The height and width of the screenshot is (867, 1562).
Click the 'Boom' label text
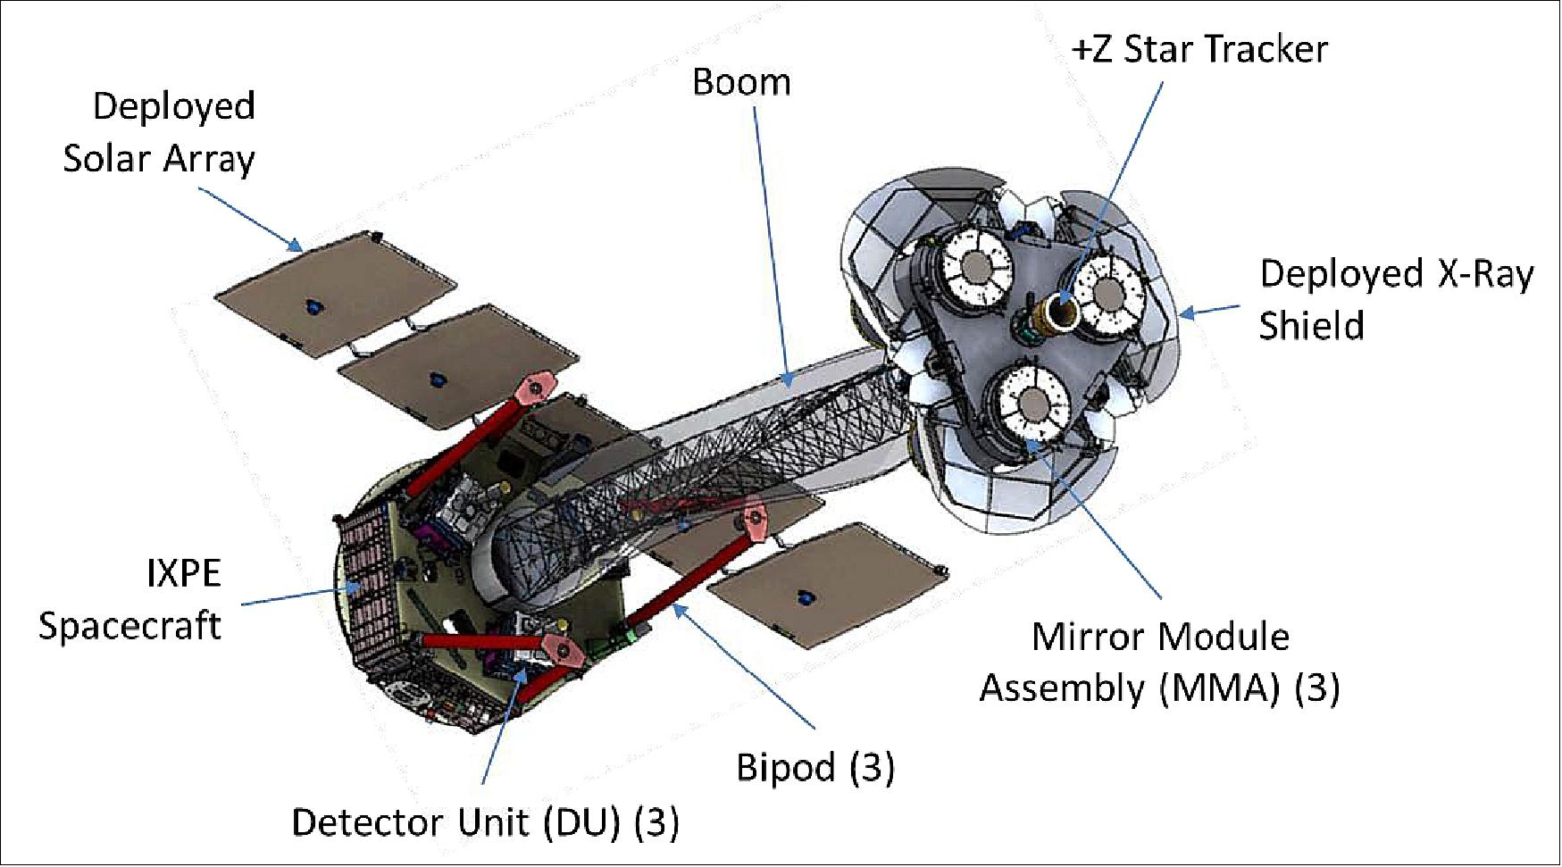click(741, 82)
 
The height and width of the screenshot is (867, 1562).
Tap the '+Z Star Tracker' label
click(1199, 48)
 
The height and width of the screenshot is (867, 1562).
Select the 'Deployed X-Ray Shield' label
click(1396, 299)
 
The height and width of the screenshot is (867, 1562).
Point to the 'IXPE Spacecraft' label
click(130, 598)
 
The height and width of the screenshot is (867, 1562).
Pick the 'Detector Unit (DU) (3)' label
click(485, 822)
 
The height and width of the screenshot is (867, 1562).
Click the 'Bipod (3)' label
click(814, 767)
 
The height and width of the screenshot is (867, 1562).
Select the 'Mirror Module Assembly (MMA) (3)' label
click(1160, 663)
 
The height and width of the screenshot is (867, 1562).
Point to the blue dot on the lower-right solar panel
click(806, 596)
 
